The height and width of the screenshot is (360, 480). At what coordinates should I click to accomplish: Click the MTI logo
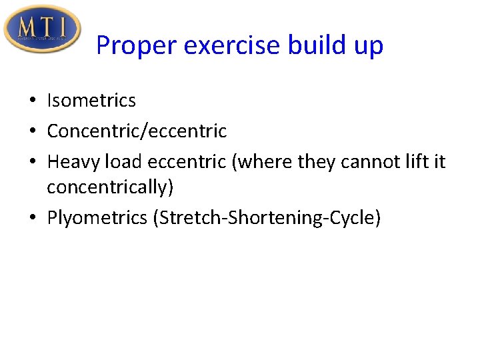coord(41,29)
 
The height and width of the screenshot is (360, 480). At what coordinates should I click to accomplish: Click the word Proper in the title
coord(136,46)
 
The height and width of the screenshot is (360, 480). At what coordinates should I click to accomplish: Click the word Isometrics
coord(91,101)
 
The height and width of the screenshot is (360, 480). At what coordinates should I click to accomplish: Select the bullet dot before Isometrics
coord(33,101)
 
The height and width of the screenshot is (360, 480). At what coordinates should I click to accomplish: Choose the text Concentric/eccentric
coord(137,131)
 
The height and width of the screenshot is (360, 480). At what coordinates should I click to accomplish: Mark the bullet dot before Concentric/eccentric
coord(33,132)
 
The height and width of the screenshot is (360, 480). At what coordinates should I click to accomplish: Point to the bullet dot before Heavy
coord(33,163)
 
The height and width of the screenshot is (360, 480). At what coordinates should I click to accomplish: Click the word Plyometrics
coord(97,219)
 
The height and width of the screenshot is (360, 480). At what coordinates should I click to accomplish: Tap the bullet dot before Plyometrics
coord(33,219)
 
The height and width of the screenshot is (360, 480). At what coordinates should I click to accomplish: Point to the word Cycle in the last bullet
coord(353,219)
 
